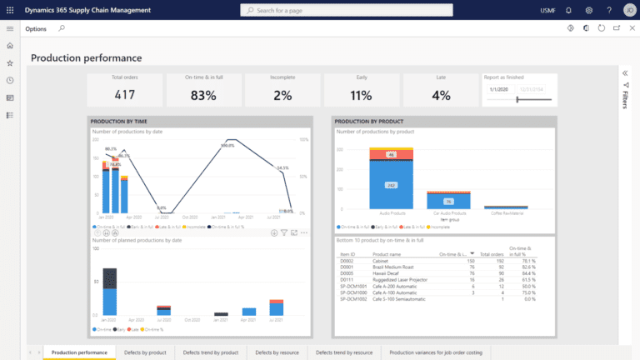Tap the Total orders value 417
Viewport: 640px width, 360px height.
coord(125,95)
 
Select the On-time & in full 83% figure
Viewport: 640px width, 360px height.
coord(202,95)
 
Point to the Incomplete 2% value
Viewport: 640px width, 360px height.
coord(282,95)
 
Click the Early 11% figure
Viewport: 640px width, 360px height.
coord(361,95)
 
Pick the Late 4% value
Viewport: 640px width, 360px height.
coord(440,95)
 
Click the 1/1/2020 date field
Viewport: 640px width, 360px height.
coord(499,88)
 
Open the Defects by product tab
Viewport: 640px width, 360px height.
coord(145,352)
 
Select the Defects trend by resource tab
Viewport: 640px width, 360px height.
coord(344,352)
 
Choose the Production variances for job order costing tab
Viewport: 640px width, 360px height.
coord(436,352)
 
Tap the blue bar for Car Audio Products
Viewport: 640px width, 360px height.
coord(448,202)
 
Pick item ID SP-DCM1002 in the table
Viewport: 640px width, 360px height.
coord(353,298)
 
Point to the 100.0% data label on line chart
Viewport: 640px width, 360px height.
coord(227,146)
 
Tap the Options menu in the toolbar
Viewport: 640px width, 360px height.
coord(36,28)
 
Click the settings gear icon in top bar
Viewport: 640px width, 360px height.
coord(588,10)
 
